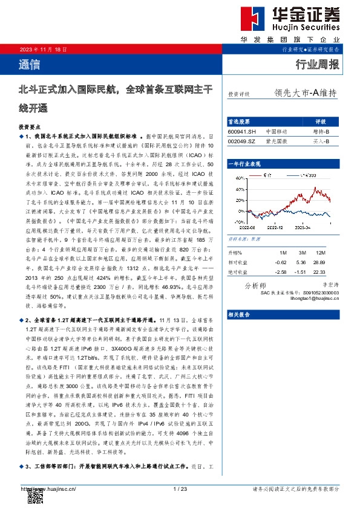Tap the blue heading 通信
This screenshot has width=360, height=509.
click(x=26, y=63)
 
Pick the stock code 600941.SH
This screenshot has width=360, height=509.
click(x=242, y=131)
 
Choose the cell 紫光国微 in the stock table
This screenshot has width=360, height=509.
click(x=276, y=141)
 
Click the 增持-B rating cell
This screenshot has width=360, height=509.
click(x=321, y=131)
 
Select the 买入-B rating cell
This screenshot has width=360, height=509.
click(x=321, y=141)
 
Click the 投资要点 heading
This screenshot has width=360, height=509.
click(x=30, y=128)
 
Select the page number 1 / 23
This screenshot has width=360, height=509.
click(x=180, y=488)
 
